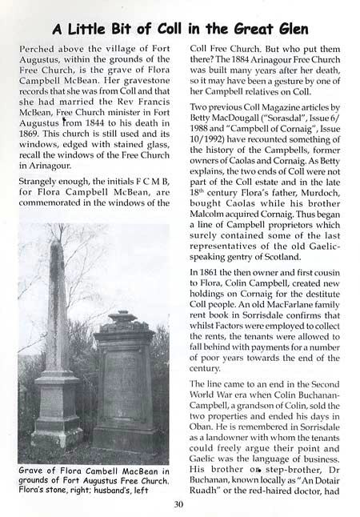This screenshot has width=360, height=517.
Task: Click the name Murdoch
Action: pos(312,212)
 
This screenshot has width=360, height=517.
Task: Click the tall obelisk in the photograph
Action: pos(56,336)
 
